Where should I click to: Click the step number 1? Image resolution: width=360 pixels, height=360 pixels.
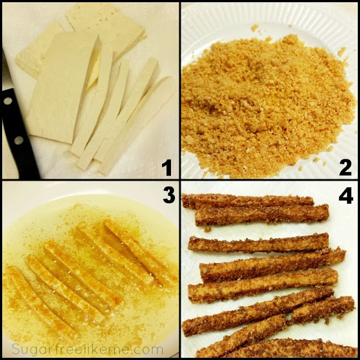(x=167, y=168)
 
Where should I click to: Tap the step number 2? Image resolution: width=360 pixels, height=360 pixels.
(x=345, y=168)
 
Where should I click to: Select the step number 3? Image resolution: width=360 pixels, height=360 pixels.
(x=169, y=195)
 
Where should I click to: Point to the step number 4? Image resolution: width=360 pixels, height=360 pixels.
(x=346, y=196)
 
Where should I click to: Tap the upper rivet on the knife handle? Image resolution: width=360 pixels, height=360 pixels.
(x=8, y=101)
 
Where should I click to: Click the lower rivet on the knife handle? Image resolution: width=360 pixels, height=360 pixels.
(x=19, y=140)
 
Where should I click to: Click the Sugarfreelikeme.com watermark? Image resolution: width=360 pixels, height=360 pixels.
(x=88, y=350)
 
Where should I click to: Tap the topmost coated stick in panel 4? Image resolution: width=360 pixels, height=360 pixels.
(x=248, y=200)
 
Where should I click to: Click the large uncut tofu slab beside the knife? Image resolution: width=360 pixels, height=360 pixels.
(x=63, y=87)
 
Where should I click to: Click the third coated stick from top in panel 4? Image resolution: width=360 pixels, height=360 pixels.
(x=259, y=244)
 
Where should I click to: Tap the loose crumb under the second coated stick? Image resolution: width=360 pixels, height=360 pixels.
(x=208, y=229)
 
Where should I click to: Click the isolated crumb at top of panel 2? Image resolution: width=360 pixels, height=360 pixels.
(x=255, y=28)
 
